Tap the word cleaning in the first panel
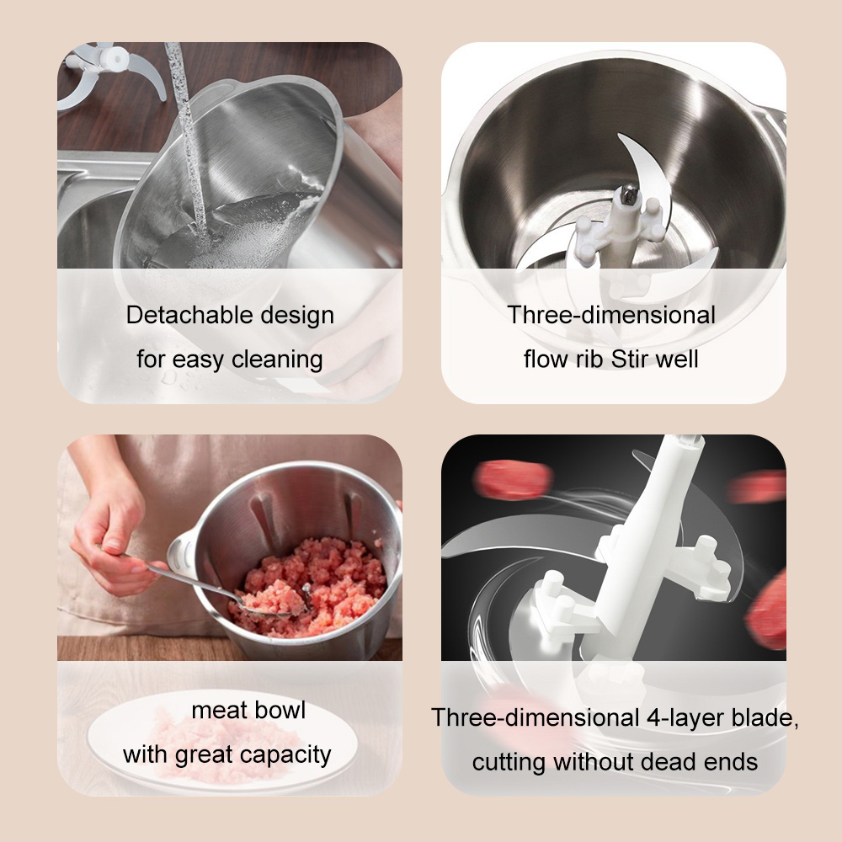pos(277,360)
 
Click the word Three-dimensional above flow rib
pos(611,315)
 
